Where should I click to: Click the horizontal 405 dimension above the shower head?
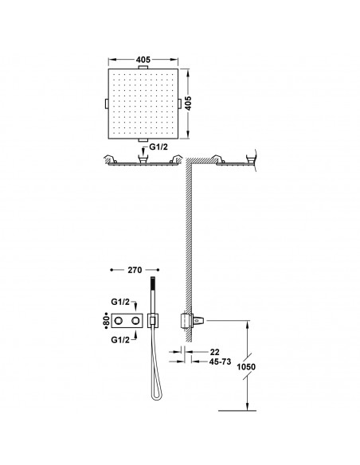(x=144, y=60)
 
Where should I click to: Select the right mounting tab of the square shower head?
(x=177, y=103)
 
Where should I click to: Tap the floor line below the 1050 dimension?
(x=235, y=409)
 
